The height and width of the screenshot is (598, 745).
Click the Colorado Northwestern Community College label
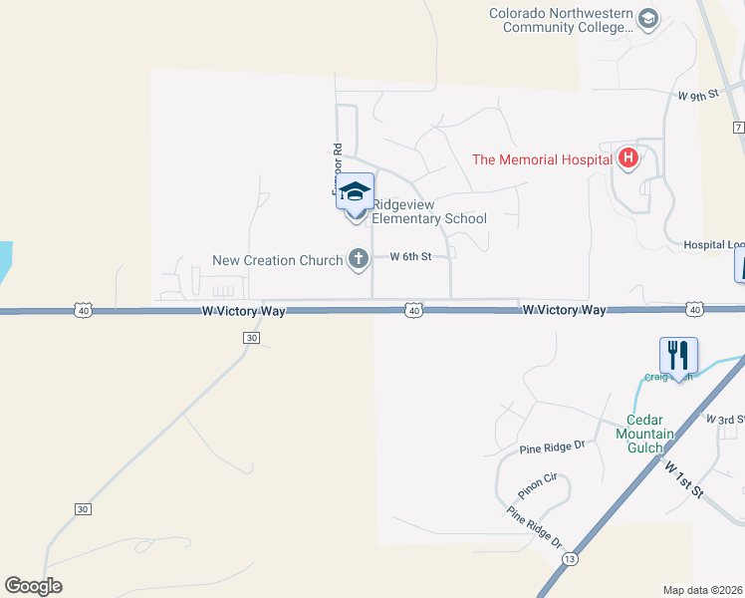(561, 20)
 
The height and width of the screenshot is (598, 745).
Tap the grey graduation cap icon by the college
(648, 19)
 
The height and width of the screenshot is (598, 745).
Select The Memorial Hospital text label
(542, 158)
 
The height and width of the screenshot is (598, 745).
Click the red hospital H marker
(627, 157)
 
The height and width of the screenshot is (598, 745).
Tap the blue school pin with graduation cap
(356, 191)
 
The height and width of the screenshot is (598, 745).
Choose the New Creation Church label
(278, 260)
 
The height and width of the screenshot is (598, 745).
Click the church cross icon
(359, 260)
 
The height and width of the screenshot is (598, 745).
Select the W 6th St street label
(410, 256)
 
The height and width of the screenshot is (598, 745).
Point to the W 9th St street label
(697, 97)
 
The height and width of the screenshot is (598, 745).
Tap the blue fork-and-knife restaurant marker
(678, 356)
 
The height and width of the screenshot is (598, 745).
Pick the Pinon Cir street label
(542, 486)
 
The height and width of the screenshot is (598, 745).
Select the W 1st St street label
(684, 479)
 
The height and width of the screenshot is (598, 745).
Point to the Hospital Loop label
(712, 244)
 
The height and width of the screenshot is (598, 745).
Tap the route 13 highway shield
(570, 559)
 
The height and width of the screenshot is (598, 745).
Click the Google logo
(33, 586)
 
